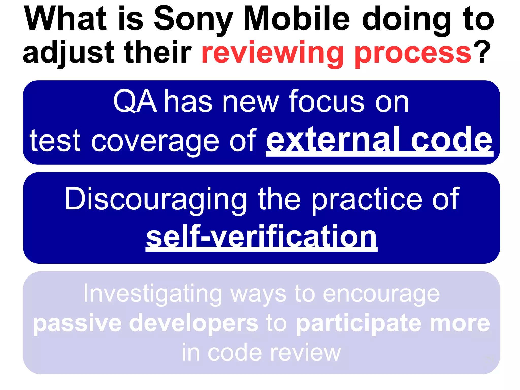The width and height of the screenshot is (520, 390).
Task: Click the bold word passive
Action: (x=77, y=324)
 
